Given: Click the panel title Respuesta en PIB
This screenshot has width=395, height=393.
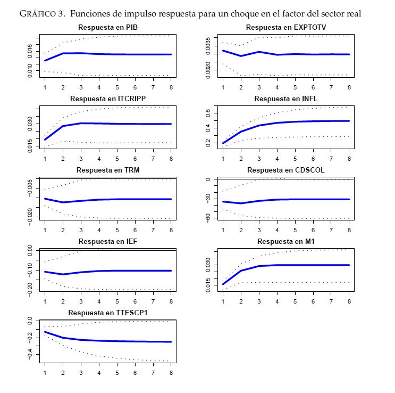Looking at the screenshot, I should click(x=108, y=27).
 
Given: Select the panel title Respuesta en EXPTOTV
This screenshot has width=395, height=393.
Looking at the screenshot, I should click(x=286, y=27).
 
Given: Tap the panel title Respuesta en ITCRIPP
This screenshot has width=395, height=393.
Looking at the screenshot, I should click(x=108, y=99).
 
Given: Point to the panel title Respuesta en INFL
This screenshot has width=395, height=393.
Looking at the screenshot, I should click(x=286, y=99).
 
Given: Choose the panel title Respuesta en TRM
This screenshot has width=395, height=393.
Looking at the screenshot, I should click(x=108, y=170).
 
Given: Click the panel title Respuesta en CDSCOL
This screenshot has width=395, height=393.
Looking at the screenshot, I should click(x=286, y=170).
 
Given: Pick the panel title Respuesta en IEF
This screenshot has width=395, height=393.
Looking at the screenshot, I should click(x=108, y=241).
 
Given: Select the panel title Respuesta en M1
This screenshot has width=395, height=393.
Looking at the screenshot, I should click(x=286, y=241).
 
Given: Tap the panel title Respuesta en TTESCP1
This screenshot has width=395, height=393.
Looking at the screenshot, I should click(x=108, y=312).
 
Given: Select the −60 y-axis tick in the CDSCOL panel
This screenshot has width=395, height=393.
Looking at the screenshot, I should click(x=208, y=218).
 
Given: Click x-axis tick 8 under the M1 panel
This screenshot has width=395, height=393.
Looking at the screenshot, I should click(x=349, y=301).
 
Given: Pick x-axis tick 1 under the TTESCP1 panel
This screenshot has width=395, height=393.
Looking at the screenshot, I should click(x=45, y=373).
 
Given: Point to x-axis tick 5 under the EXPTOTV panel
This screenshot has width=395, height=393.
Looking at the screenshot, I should click(x=295, y=87).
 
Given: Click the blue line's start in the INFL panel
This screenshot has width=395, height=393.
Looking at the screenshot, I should click(x=223, y=143).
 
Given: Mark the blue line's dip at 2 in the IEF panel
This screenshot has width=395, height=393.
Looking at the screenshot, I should click(x=63, y=274).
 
